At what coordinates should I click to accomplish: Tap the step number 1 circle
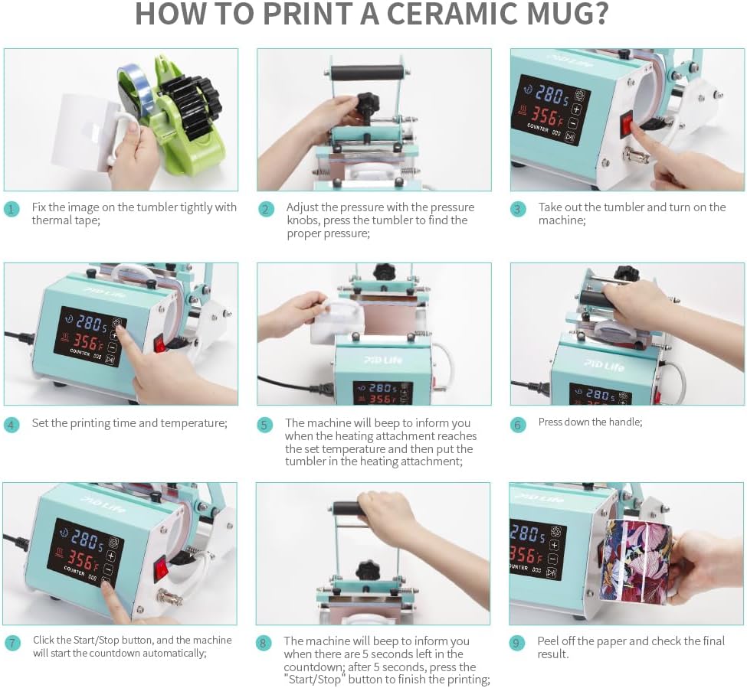tap(11, 210)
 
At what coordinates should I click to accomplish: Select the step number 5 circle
tap(265, 425)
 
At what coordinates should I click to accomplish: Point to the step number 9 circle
tap(517, 644)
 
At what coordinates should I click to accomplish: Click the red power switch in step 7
tap(161, 566)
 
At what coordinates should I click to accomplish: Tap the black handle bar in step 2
tap(366, 74)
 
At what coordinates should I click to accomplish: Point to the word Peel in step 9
tap(548, 641)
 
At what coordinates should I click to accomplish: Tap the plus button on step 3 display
tap(576, 109)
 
